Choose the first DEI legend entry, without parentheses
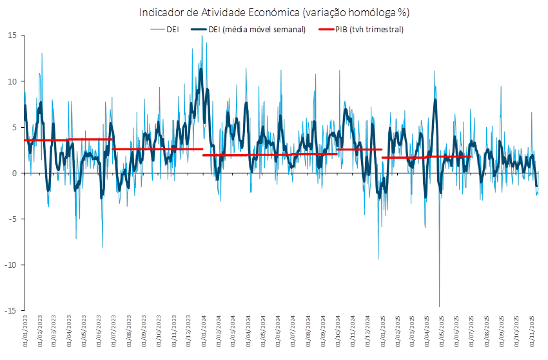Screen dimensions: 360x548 pos(173,29)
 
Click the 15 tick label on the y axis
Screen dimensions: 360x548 pos(13,35)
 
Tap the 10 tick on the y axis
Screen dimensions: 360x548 pos(13,81)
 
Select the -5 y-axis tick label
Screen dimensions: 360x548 pos(13,219)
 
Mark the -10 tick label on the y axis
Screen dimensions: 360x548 pos(12,265)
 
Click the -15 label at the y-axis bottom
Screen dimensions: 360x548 pos(12,310)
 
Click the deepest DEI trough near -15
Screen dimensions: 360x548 pos(440,306)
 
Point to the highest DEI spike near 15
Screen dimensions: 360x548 pos(202,37)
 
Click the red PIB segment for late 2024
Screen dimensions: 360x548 pos(360,150)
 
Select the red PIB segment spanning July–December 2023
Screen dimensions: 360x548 pos(158,149)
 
